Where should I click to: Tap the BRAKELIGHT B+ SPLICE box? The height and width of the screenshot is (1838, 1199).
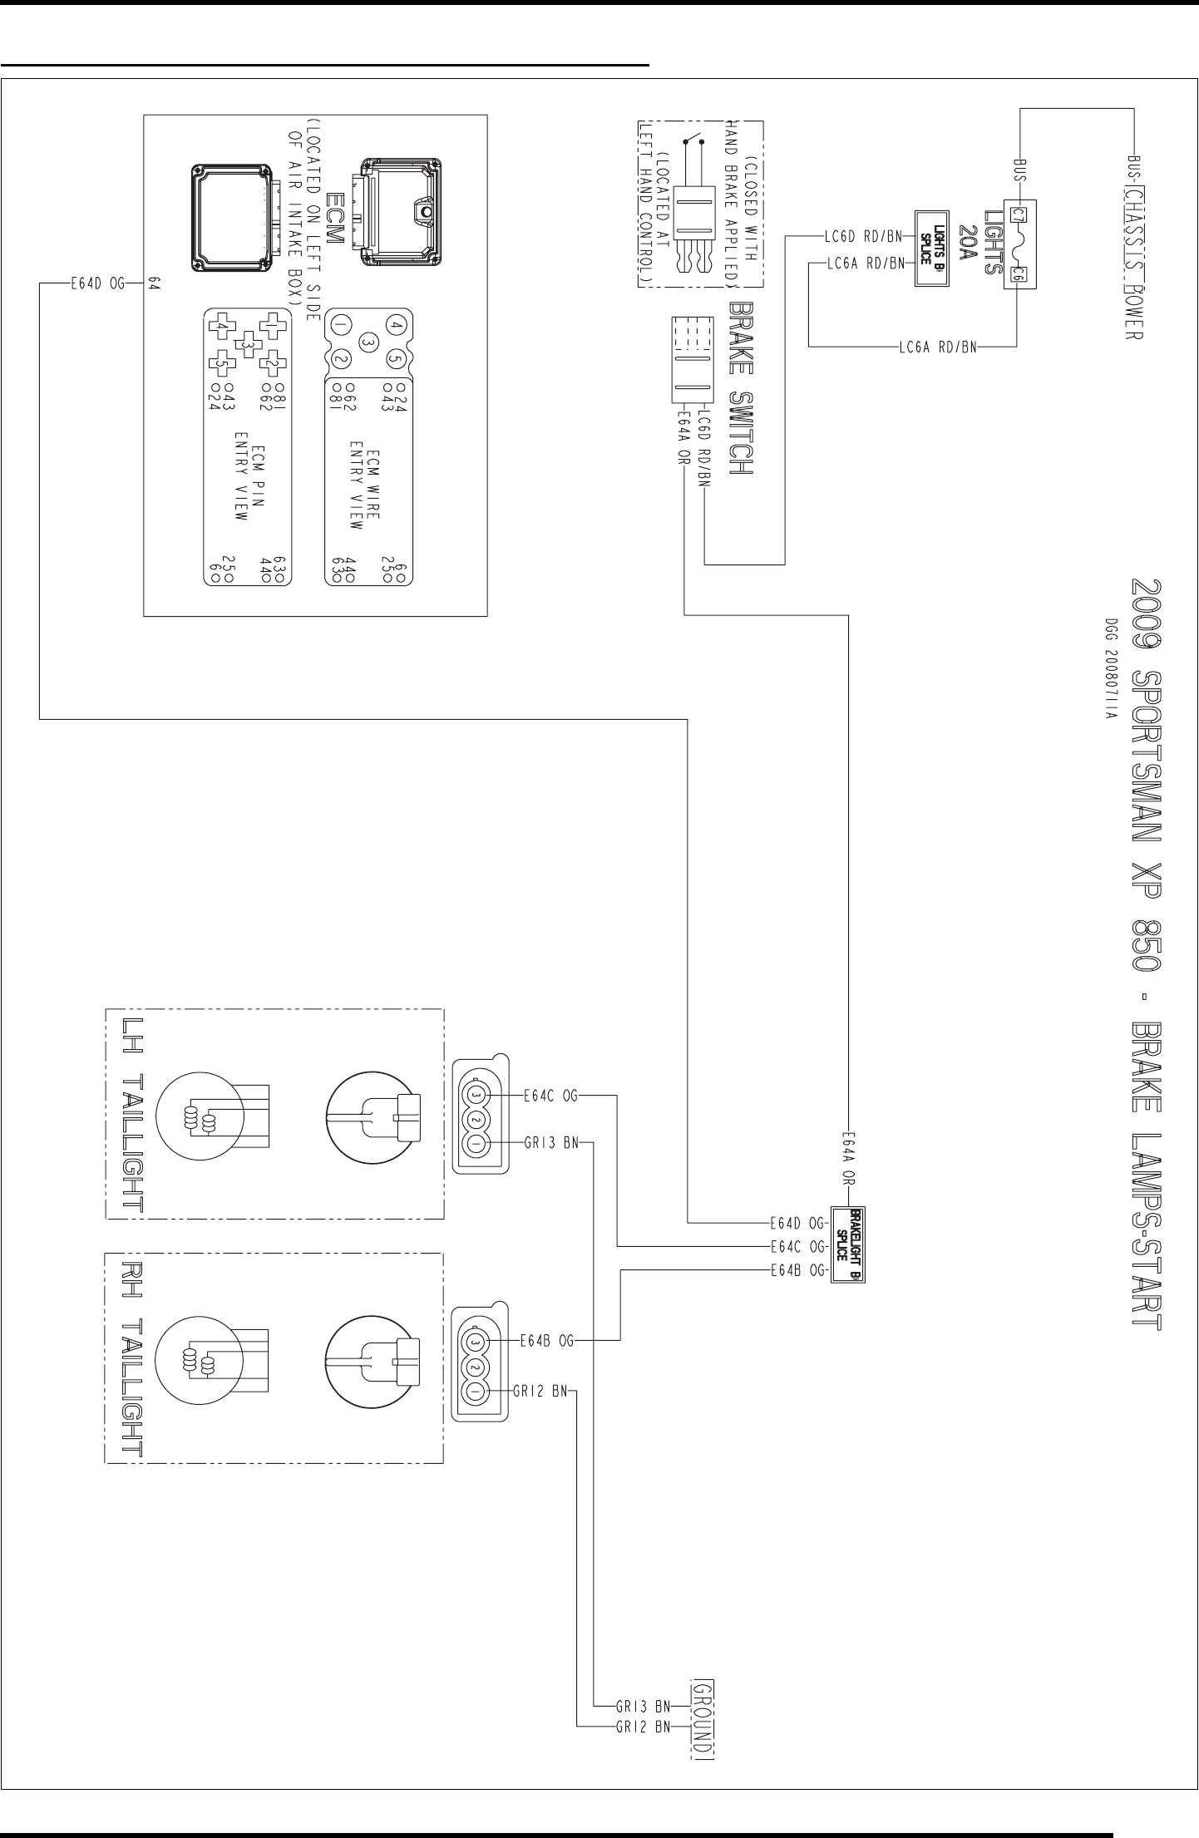click(848, 1244)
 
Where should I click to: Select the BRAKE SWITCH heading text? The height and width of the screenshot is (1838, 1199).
click(740, 388)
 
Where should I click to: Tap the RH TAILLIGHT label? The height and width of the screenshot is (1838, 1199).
click(132, 1358)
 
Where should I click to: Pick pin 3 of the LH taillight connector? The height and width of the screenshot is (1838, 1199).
click(475, 1096)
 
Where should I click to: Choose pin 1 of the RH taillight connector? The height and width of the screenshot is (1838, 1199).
click(475, 1392)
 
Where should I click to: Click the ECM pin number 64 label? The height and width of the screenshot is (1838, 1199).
click(155, 283)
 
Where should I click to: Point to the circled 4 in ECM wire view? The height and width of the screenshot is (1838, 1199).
click(397, 323)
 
